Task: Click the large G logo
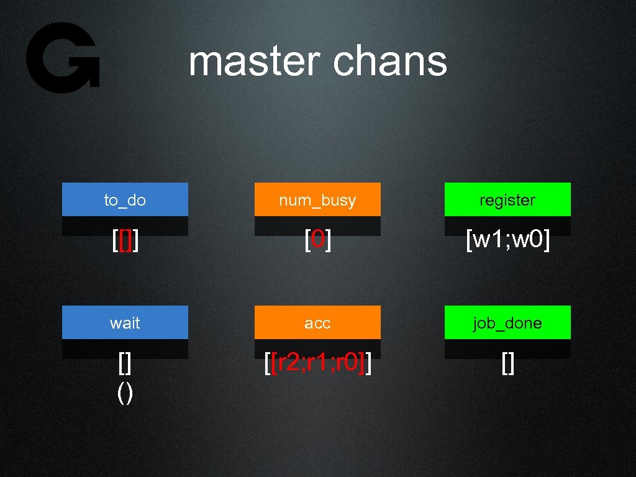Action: [x=62, y=58]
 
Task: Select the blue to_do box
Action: [x=125, y=199]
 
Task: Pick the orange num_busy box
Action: [x=317, y=199]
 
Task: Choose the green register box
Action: [x=507, y=199]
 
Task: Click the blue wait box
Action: [x=125, y=322]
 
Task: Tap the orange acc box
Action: [x=317, y=322]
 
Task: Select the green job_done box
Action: [x=507, y=322]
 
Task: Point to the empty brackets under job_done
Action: [x=507, y=365]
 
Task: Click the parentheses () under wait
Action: [x=125, y=394]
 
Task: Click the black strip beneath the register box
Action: [x=507, y=224]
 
